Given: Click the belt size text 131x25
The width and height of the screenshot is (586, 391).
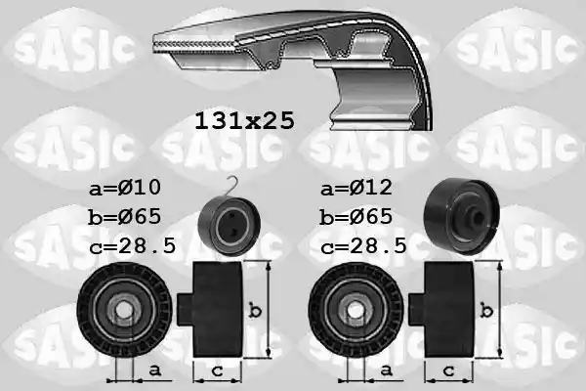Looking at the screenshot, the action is tap(245, 121).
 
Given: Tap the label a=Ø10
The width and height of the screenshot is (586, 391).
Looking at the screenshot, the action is tap(125, 187).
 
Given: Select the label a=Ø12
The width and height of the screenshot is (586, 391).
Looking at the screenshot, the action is tap(356, 187).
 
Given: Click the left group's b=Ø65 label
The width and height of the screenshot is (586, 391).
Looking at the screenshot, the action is tap(124, 217).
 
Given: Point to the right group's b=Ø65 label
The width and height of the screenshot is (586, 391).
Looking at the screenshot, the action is tap(356, 217).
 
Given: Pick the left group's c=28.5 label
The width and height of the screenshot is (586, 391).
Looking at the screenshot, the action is tap(133, 246).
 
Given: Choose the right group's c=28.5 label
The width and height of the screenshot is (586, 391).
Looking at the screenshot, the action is tap(363, 246).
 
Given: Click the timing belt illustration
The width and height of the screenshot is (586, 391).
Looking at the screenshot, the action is tap(293, 69).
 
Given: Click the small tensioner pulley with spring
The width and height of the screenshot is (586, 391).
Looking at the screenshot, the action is tap(230, 227).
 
